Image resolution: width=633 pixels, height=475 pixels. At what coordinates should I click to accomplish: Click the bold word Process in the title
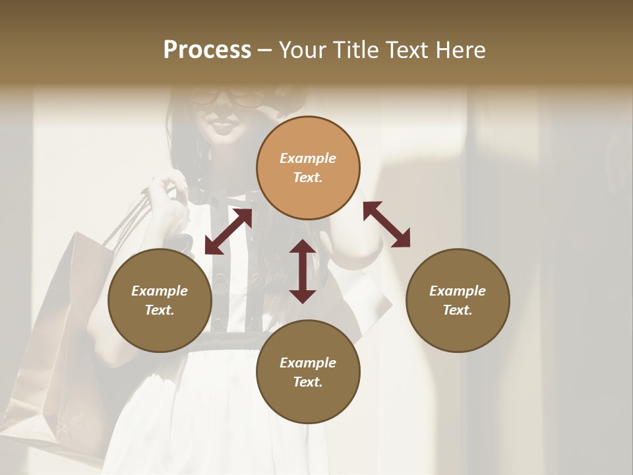[207, 50]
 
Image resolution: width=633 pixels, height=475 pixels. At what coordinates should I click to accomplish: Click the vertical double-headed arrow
[303, 271]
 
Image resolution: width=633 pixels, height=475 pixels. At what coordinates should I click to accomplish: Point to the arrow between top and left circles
[228, 232]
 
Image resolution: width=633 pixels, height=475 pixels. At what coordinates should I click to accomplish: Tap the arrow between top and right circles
[386, 224]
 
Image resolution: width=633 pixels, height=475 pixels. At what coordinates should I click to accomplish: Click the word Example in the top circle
[308, 158]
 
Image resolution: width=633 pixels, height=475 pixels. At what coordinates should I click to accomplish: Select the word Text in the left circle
[159, 310]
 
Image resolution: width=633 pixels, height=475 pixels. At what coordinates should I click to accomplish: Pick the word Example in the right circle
[458, 291]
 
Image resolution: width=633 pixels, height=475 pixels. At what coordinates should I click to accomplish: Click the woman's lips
[222, 126]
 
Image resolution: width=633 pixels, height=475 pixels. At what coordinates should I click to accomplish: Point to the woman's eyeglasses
[227, 98]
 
